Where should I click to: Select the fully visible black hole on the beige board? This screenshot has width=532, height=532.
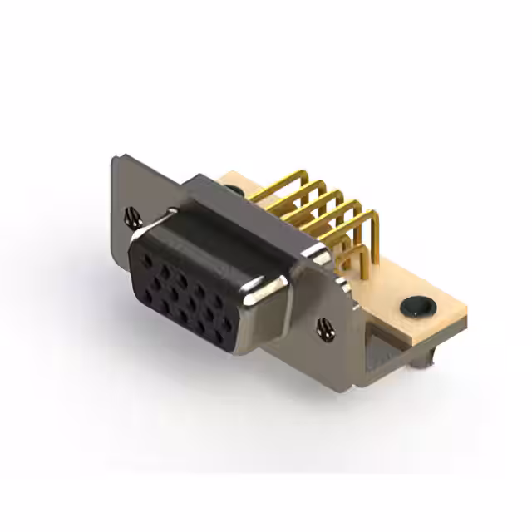(x=418, y=307)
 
